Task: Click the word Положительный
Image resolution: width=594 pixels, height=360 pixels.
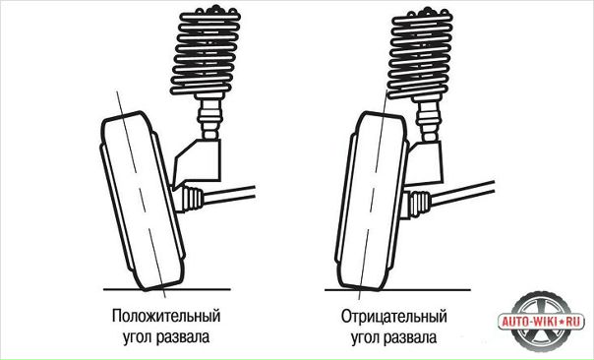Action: (166, 316)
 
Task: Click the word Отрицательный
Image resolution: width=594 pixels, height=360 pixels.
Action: (394, 317)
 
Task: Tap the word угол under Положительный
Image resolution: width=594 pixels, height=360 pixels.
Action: (137, 336)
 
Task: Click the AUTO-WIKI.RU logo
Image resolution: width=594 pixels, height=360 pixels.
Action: (541, 322)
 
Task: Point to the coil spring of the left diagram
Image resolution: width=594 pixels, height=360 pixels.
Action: (207, 52)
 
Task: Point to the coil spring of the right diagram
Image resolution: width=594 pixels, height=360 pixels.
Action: (419, 52)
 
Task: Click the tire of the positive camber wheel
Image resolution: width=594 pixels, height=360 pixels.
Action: (143, 201)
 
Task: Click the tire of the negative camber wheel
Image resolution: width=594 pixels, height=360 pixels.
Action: (372, 201)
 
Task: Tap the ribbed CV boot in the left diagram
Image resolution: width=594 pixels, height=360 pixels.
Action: (192, 198)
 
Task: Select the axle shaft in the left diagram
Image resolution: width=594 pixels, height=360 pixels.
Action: (229, 194)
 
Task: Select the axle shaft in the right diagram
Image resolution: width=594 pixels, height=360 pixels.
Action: (462, 193)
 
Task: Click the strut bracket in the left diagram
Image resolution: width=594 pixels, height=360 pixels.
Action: (198, 162)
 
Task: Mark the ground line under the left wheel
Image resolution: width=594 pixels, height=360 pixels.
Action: (167, 289)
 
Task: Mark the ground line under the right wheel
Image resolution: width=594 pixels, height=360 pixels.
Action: (397, 290)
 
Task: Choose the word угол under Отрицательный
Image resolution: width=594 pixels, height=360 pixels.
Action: (365, 337)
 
